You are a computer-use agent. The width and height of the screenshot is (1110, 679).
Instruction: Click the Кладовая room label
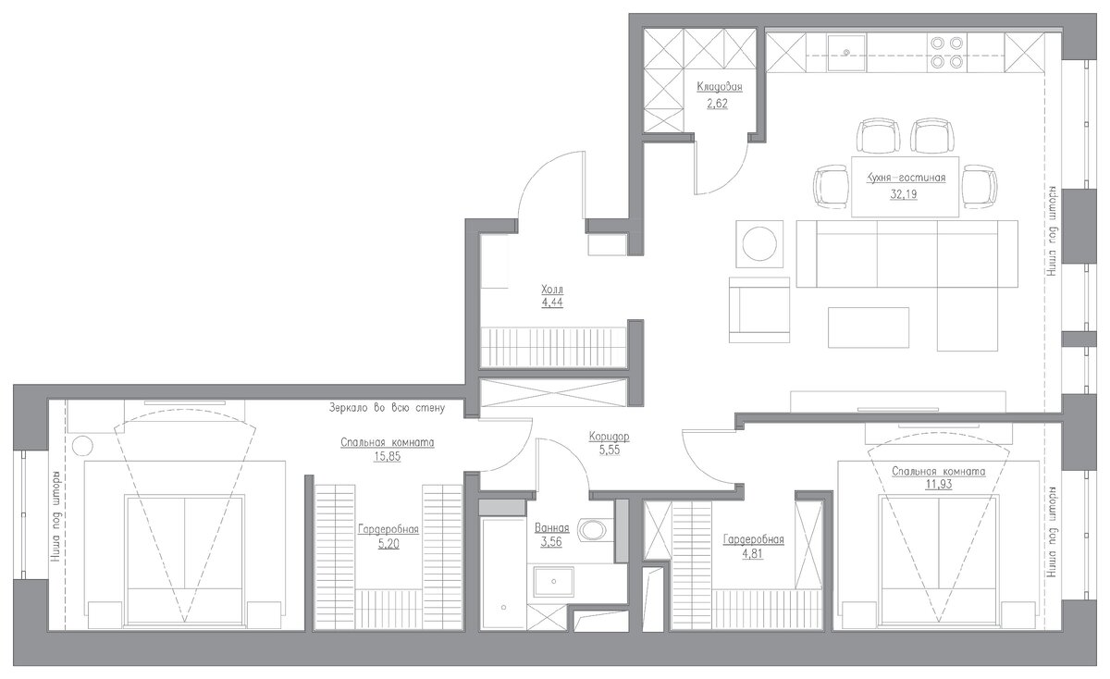pyautogui.click(x=720, y=87)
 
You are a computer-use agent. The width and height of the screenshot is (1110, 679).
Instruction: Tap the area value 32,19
pyautogui.click(x=904, y=194)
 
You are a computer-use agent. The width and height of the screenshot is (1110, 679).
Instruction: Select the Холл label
pyautogui.click(x=552, y=289)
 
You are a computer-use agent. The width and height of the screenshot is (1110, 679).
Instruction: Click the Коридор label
pyautogui.click(x=609, y=437)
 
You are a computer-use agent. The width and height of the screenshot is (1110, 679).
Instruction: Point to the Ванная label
pyautogui.click(x=551, y=528)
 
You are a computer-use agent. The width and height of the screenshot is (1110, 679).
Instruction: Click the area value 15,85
pyautogui.click(x=387, y=456)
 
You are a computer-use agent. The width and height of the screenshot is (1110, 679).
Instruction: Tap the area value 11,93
pyautogui.click(x=939, y=484)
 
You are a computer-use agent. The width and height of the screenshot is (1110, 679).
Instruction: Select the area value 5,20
pyautogui.click(x=388, y=544)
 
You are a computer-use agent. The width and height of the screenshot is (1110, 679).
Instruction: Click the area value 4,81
pyautogui.click(x=752, y=553)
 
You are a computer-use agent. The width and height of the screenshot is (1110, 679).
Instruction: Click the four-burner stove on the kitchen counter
pyautogui.click(x=947, y=53)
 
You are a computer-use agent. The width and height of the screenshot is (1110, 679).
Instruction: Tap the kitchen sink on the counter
pyautogui.click(x=846, y=53)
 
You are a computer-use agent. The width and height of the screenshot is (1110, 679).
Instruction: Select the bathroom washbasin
pyautogui.click(x=553, y=581)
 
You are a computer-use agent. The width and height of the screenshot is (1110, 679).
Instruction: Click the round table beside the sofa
pyautogui.click(x=759, y=244)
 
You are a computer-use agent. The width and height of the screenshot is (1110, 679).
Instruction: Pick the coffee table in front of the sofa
pyautogui.click(x=869, y=327)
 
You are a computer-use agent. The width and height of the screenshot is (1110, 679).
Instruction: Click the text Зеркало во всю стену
pyautogui.click(x=387, y=408)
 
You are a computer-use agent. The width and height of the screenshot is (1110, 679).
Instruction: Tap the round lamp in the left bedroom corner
pyautogui.click(x=82, y=446)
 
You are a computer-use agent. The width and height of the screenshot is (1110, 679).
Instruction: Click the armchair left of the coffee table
pyautogui.click(x=759, y=310)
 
